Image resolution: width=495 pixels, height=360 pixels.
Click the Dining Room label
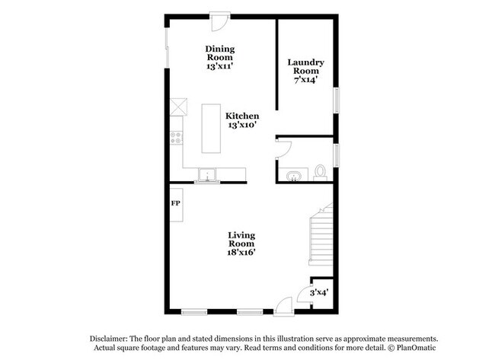coord(220,53)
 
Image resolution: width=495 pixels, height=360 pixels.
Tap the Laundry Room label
coord(305,66)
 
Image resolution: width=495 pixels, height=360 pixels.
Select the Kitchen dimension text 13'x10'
coord(242,125)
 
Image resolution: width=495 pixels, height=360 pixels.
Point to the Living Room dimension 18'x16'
coord(241,253)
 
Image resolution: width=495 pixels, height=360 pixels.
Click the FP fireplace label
coord(176,203)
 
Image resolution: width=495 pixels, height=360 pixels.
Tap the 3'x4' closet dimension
coord(319,292)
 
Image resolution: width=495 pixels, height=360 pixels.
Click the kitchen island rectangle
coord(211,129)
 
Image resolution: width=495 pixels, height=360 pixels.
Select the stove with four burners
coord(177,138)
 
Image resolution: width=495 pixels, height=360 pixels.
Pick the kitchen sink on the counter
coord(207,174)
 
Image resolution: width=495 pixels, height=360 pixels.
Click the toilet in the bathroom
coord(320,173)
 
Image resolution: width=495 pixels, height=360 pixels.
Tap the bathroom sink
coord(294,176)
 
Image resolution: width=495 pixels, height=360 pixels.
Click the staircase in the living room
coord(321,234)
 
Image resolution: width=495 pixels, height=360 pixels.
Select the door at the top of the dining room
coord(219,21)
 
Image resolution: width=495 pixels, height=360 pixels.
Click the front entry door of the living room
coord(284,306)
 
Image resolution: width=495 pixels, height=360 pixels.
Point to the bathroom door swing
coord(284,149)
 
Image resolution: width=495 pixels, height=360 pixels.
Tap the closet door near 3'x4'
coord(305,295)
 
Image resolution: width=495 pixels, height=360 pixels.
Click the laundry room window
coord(337,100)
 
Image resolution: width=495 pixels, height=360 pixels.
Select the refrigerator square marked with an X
coord(178,107)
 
